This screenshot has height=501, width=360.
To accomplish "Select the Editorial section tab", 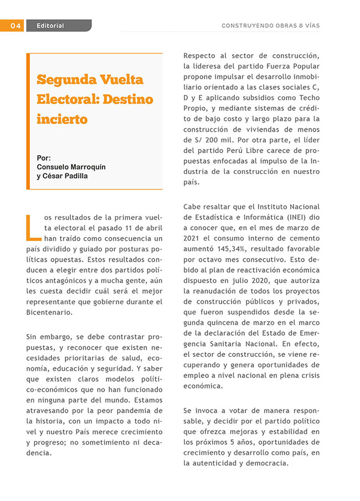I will pyautogui.click(x=50, y=25).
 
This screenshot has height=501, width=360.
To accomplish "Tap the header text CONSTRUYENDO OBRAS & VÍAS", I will pyautogui.click(x=270, y=25).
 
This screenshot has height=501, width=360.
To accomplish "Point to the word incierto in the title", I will pyautogui.click(x=62, y=119).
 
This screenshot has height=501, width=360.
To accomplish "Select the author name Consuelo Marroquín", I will pyautogui.click(x=71, y=167).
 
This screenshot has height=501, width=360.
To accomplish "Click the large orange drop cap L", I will pyautogui.click(x=33, y=223).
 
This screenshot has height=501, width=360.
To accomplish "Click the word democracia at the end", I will pyautogui.click(x=264, y=463).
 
